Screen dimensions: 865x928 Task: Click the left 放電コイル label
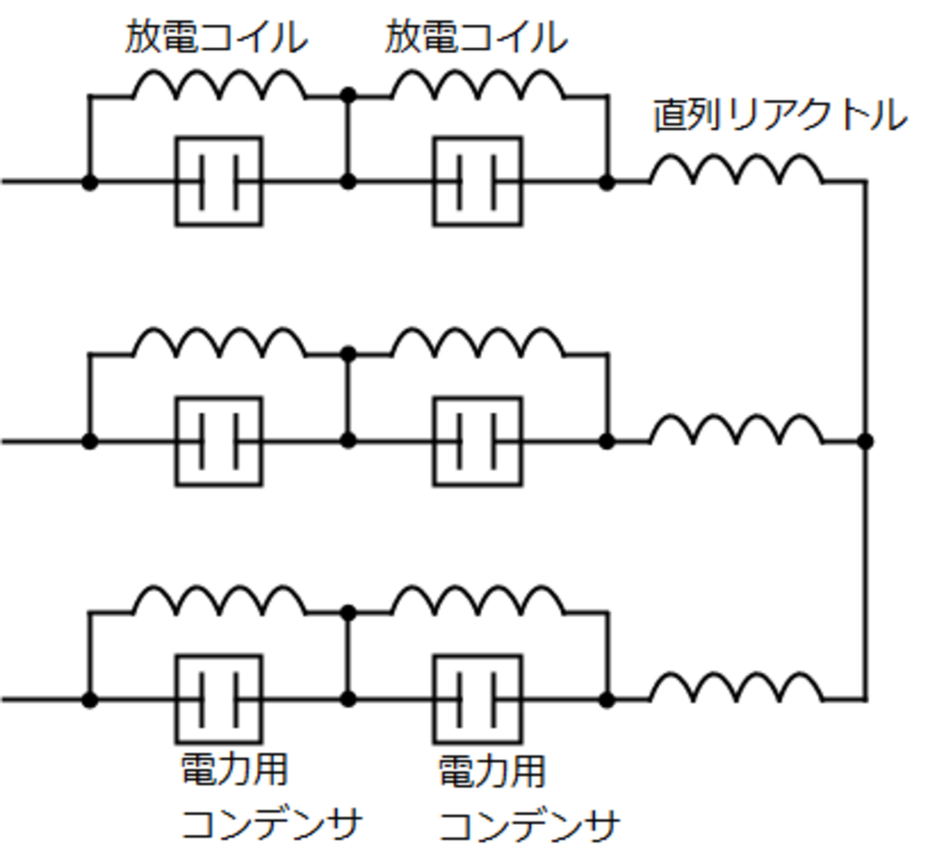click(x=216, y=37)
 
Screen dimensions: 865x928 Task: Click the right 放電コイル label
click(x=475, y=37)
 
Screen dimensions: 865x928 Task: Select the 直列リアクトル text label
click(x=780, y=115)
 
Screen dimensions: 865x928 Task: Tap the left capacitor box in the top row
click(x=219, y=181)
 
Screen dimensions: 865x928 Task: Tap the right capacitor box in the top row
click(x=478, y=181)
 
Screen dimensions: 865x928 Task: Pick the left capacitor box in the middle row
click(x=219, y=441)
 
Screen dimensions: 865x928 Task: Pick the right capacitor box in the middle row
click(x=478, y=441)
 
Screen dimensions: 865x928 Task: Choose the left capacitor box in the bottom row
click(x=219, y=699)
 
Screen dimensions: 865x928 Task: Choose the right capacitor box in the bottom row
click(x=478, y=699)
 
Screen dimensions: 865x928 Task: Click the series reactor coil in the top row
click(x=736, y=170)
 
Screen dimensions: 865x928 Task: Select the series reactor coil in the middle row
click(x=736, y=430)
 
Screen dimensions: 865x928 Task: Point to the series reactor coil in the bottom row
click(x=736, y=688)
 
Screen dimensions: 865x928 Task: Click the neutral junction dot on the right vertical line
click(x=865, y=441)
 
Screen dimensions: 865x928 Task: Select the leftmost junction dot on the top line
click(x=89, y=182)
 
